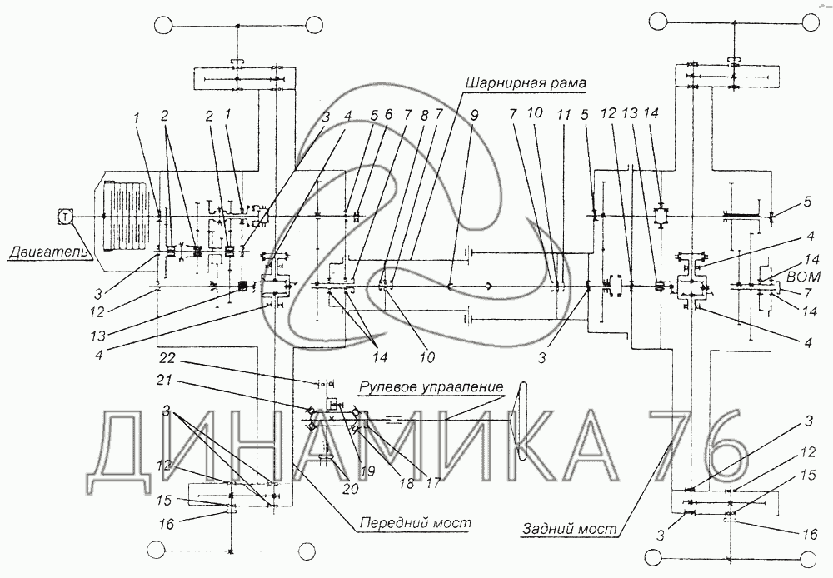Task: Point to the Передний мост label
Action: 415,523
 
